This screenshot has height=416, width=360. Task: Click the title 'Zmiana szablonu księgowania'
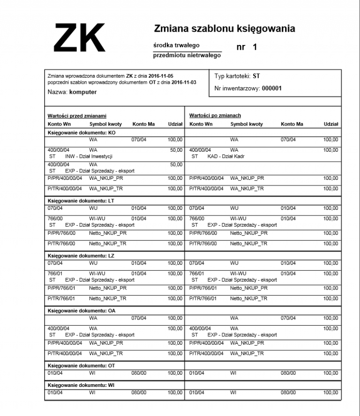pos(225,29)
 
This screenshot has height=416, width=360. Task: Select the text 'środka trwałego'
pos(176,45)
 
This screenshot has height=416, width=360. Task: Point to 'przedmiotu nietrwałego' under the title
pos(187,55)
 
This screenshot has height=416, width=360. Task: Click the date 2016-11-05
pos(167,76)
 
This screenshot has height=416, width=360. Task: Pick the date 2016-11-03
pos(184,82)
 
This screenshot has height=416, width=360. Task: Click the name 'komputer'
pos(83,92)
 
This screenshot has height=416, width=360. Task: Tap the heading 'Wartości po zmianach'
pos(215,115)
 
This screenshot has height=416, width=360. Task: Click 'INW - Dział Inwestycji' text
pos(89,156)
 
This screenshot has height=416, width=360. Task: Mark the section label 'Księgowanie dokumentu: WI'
pos(81,385)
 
